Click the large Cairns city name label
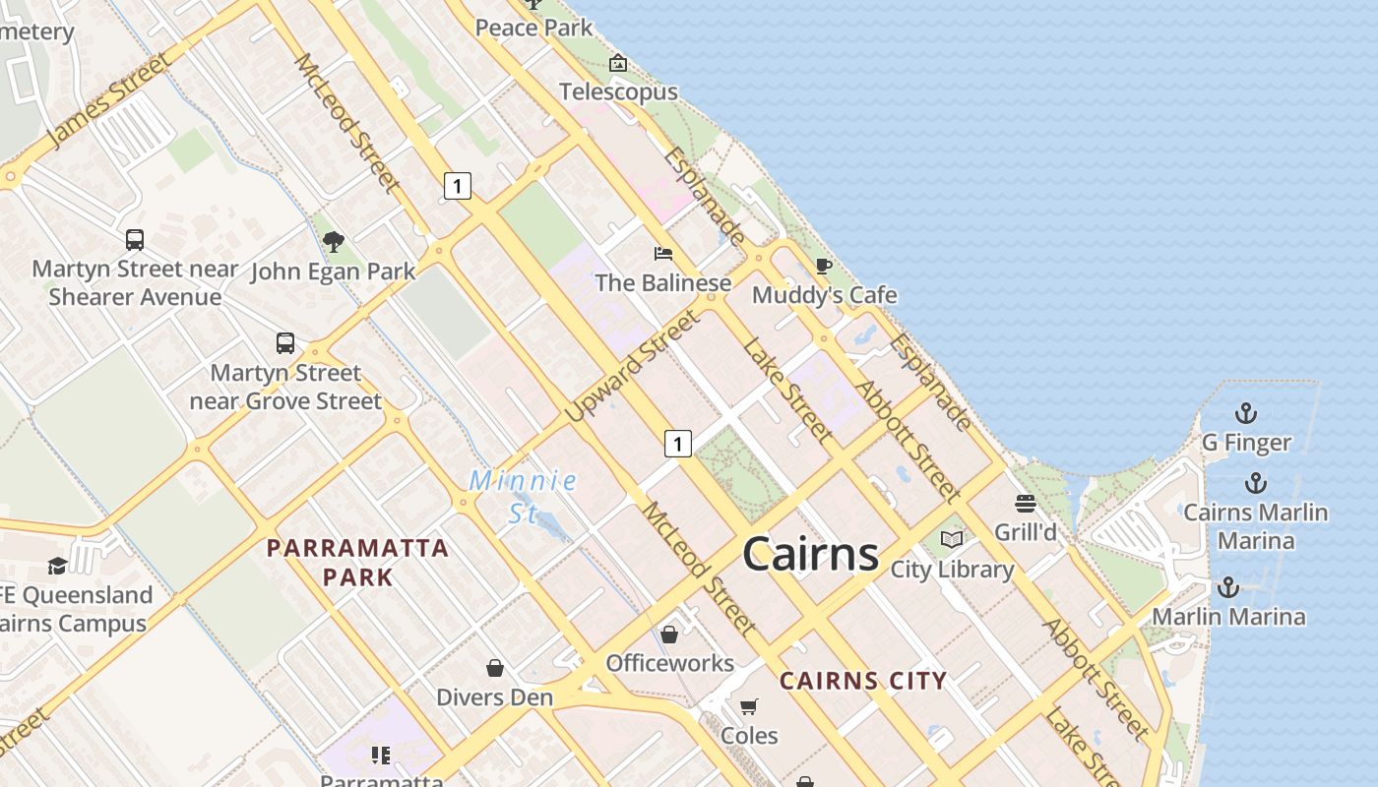[810, 554]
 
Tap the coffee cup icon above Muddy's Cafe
[824, 267]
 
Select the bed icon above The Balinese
[663, 254]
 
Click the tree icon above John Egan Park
[334, 241]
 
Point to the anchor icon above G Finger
[1246, 413]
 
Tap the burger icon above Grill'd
[1026, 504]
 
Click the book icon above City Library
[952, 539]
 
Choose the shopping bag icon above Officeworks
[669, 635]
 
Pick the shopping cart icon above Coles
[749, 706]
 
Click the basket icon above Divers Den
[495, 668]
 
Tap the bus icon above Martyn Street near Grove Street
[285, 343]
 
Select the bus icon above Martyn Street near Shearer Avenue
[135, 239]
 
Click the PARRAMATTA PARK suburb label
[358, 562]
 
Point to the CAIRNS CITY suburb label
[863, 680]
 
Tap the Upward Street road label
[634, 366]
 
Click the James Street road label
[108, 101]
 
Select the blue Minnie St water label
[523, 496]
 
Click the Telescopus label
[618, 91]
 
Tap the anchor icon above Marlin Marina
[1228, 587]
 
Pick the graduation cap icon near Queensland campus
[58, 566]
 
